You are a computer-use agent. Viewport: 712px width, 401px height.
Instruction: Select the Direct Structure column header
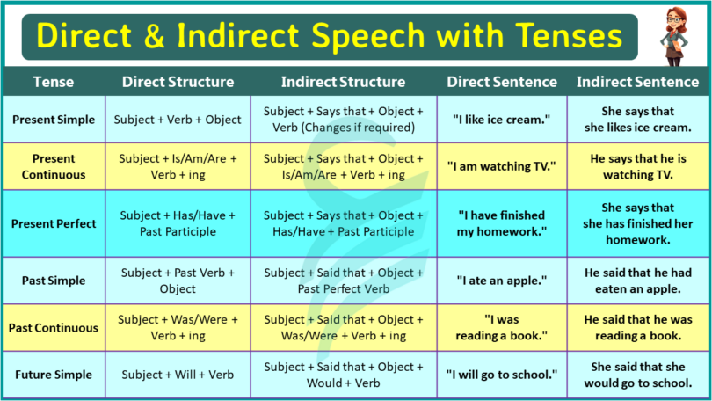(178, 82)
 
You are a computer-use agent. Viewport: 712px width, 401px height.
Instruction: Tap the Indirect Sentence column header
(637, 82)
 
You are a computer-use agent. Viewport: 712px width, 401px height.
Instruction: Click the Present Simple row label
(53, 120)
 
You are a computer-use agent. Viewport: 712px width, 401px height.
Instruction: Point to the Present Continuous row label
(53, 166)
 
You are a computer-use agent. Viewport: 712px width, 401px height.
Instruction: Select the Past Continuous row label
(53, 328)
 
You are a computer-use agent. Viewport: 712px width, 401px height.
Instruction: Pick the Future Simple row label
(53, 375)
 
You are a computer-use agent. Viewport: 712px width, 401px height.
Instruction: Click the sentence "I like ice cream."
(501, 120)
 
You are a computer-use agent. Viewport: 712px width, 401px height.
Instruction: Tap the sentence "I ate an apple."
(501, 281)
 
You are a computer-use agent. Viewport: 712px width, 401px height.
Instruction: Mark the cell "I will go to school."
(501, 375)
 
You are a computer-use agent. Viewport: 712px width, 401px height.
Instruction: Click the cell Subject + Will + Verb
(178, 375)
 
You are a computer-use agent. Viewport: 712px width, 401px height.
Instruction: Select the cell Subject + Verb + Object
(178, 120)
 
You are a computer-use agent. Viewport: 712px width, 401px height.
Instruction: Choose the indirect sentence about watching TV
(637, 166)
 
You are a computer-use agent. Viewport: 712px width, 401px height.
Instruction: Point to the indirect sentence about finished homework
(637, 223)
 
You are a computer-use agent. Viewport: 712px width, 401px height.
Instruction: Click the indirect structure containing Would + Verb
(343, 375)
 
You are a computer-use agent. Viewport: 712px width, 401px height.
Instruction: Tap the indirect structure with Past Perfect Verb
(343, 281)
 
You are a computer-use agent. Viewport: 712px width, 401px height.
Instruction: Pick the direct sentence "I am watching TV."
(501, 166)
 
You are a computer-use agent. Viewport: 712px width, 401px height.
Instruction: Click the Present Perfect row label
(53, 223)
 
